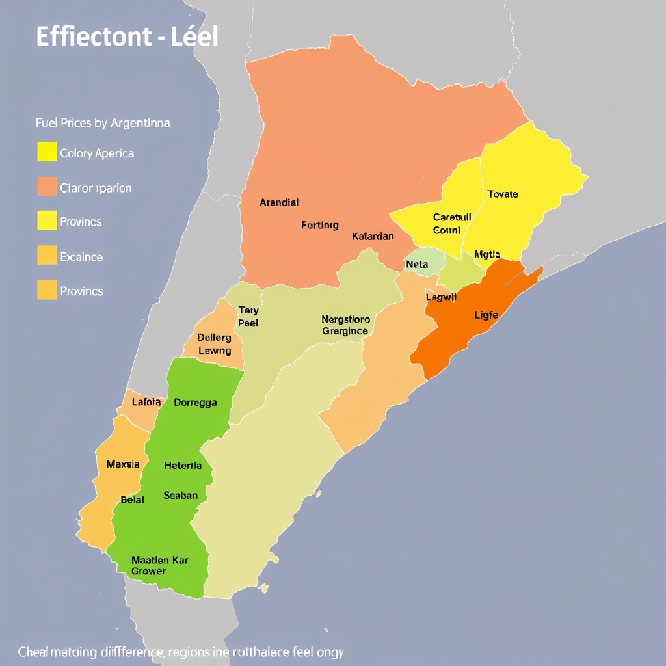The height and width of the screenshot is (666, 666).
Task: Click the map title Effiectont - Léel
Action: click(x=127, y=36)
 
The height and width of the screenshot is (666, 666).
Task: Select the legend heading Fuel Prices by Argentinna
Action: click(x=102, y=123)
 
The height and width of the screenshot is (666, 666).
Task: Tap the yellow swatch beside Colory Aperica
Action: click(x=47, y=152)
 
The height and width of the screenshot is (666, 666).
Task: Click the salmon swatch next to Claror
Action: click(x=47, y=187)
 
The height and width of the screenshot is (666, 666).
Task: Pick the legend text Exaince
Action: click(x=81, y=257)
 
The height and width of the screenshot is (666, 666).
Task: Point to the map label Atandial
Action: click(x=278, y=202)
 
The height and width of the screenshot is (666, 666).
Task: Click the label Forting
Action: click(x=320, y=226)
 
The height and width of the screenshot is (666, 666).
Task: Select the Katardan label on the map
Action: click(x=373, y=236)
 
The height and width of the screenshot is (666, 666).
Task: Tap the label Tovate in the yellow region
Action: click(x=503, y=194)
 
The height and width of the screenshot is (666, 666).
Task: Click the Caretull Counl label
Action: click(x=447, y=224)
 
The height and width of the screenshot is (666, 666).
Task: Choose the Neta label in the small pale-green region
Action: click(x=417, y=265)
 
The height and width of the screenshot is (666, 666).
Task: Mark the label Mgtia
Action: click(x=487, y=254)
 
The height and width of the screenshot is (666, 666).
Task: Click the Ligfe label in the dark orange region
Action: click(x=486, y=315)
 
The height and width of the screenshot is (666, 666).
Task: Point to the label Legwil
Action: click(x=442, y=297)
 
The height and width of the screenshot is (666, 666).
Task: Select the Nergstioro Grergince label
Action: click(x=345, y=325)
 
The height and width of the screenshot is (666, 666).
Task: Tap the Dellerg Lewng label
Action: click(x=214, y=344)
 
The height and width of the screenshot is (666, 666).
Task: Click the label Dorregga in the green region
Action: click(x=195, y=402)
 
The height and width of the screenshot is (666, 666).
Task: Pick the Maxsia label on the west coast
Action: click(x=122, y=464)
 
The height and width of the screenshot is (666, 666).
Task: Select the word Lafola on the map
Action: click(x=146, y=402)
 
